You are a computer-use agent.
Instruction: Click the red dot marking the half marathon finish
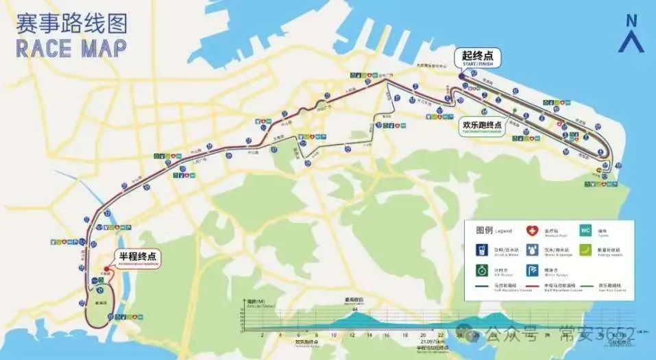click(105, 268)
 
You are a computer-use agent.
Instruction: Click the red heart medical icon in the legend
click(531, 231)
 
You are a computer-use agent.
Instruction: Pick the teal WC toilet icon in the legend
click(585, 231)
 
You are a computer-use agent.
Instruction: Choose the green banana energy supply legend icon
click(585, 250)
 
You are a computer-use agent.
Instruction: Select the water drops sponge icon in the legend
click(531, 250)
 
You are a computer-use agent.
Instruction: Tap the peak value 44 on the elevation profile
click(354, 310)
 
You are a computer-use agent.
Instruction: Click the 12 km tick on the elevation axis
click(351, 335)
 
